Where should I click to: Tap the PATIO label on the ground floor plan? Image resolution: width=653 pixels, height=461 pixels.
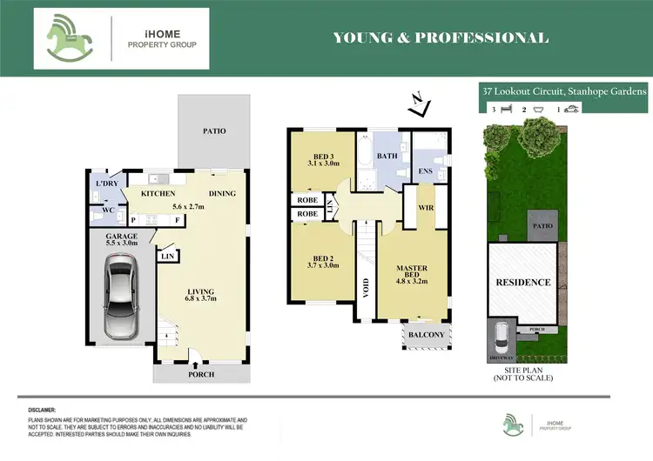pos(214,131)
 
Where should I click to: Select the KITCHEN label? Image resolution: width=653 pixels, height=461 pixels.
pos(160,193)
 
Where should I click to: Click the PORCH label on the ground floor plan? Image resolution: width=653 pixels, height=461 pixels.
pos(201,375)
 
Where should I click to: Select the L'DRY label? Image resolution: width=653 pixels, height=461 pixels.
pos(107,184)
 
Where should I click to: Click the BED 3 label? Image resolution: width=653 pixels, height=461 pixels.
pos(321,157)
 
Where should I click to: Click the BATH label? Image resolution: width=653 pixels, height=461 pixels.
pos(387,157)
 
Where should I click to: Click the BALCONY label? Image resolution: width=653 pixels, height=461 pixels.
pos(426,335)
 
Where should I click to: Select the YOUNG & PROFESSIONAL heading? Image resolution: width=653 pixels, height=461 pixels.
pos(441,37)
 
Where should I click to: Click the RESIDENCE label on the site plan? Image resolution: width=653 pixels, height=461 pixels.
pos(523,282)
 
